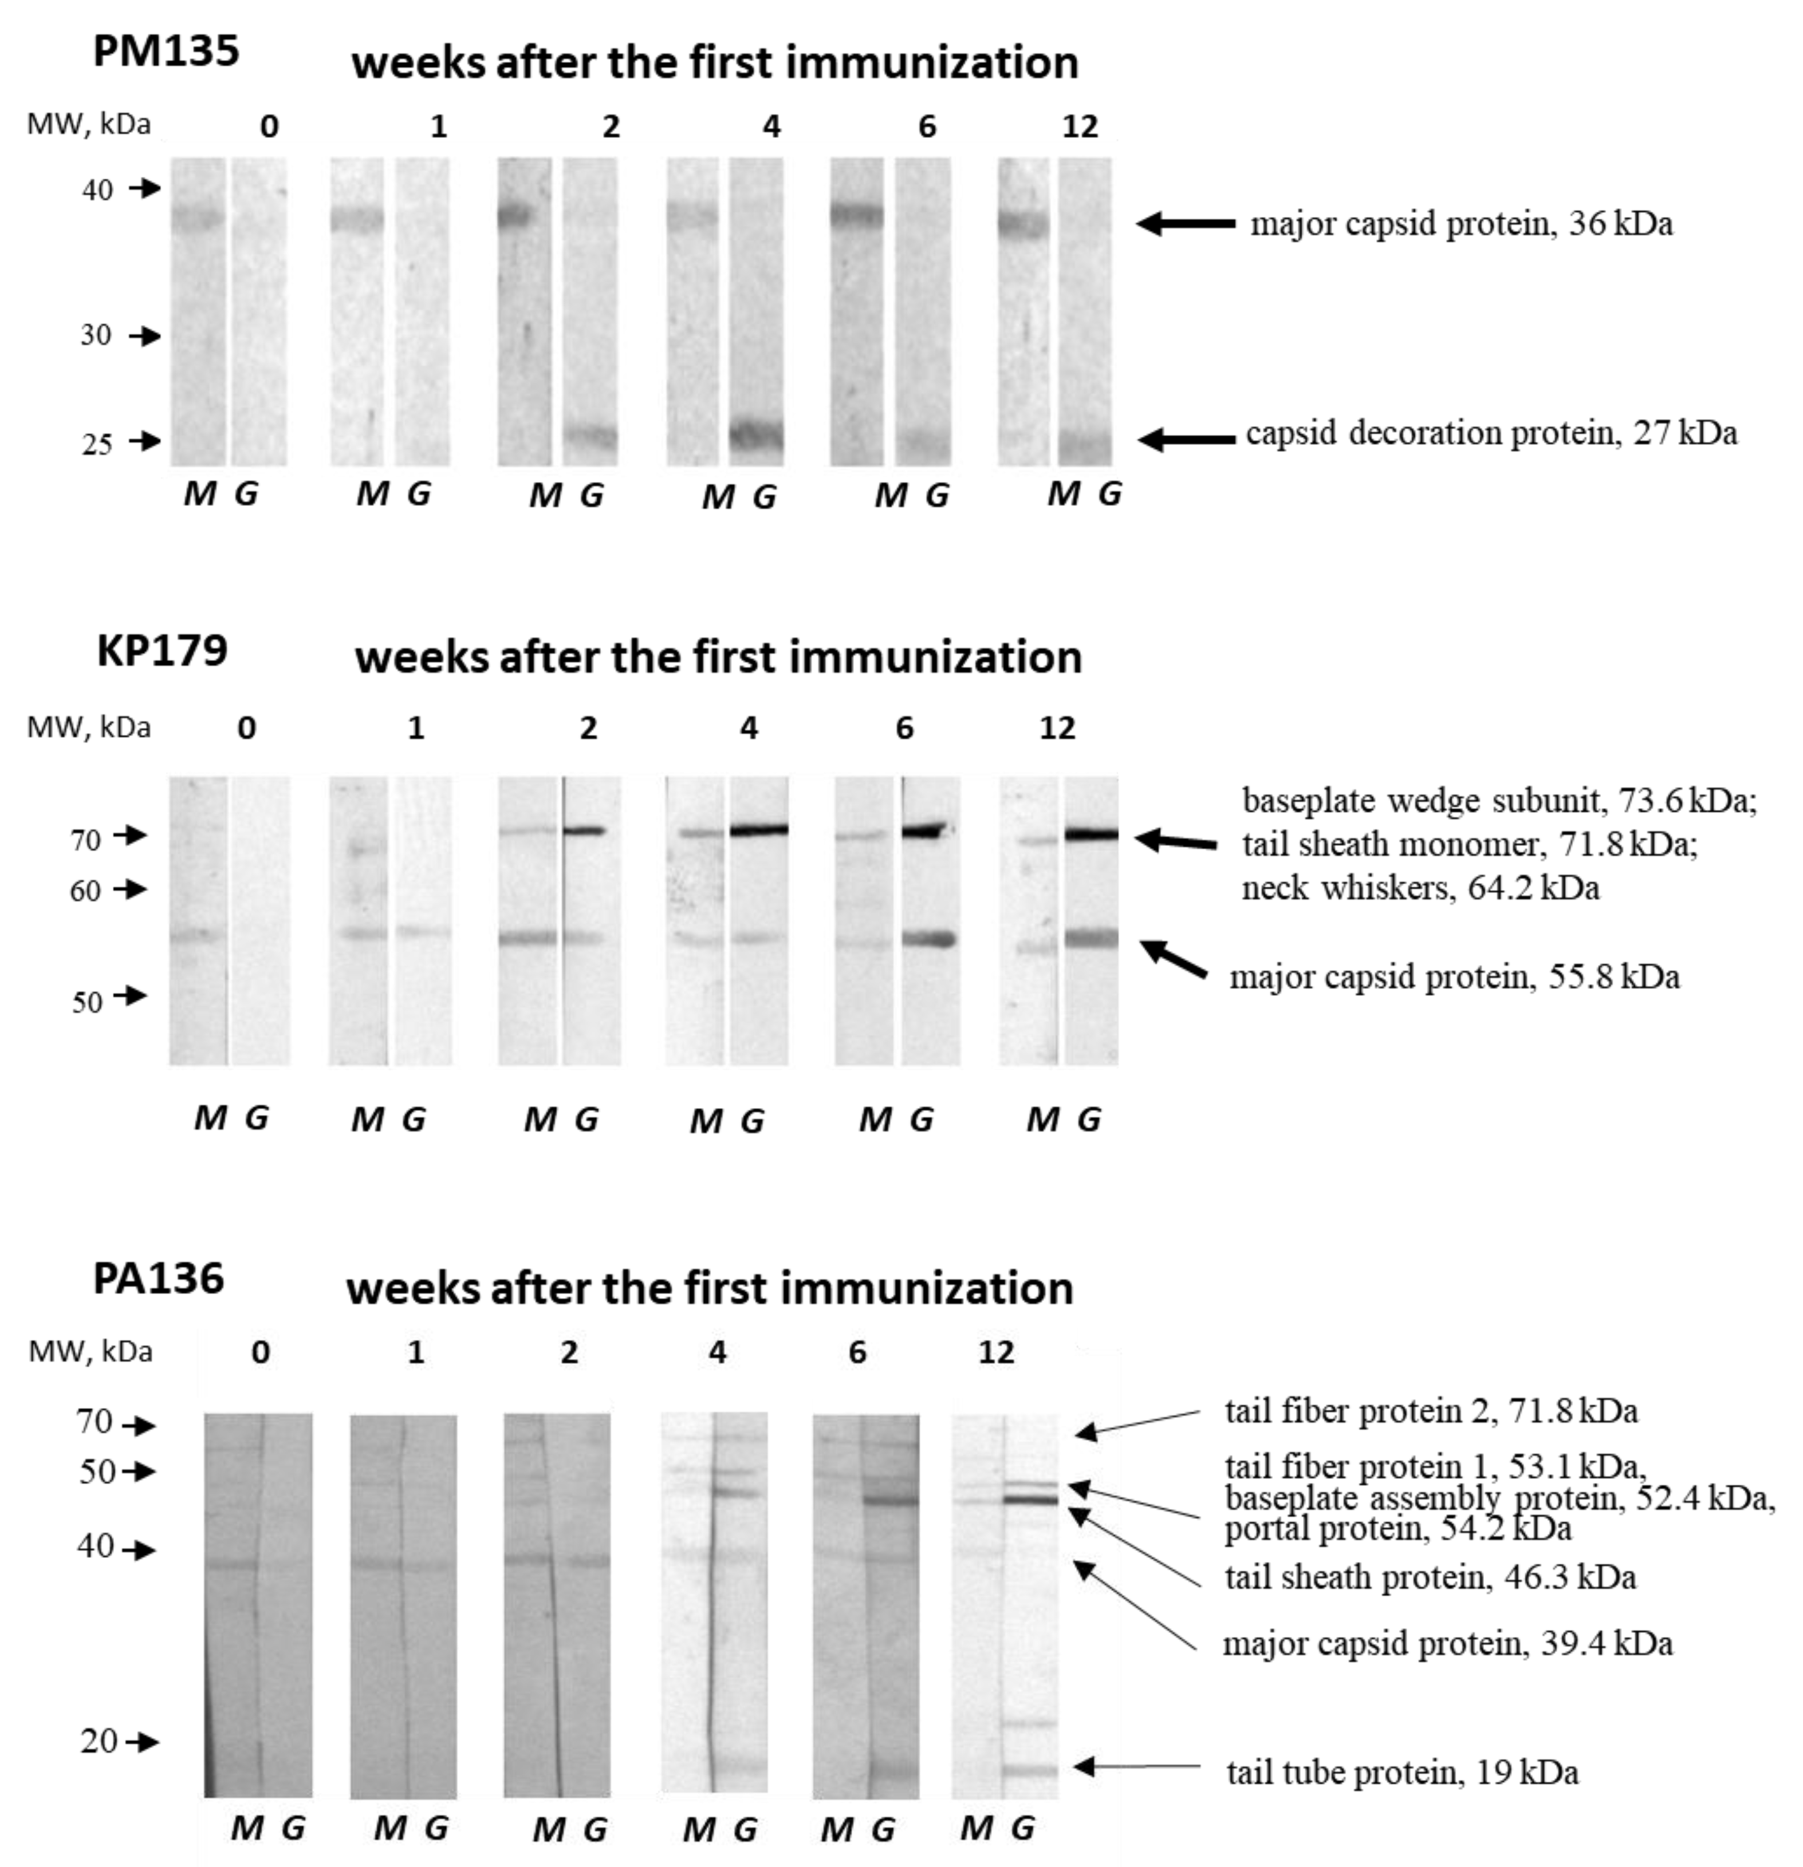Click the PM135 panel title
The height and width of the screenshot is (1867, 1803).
166,50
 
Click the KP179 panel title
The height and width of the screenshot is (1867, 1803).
162,651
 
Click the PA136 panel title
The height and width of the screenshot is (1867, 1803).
158,1277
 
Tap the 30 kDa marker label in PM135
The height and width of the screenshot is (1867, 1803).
95,335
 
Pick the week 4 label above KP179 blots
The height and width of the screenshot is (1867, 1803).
749,729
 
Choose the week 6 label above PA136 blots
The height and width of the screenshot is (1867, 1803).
857,1352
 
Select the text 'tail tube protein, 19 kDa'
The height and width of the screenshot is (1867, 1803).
1402,1773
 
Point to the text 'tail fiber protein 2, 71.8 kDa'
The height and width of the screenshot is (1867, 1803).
1430,1411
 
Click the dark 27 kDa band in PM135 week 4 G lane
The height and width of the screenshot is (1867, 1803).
757,436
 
